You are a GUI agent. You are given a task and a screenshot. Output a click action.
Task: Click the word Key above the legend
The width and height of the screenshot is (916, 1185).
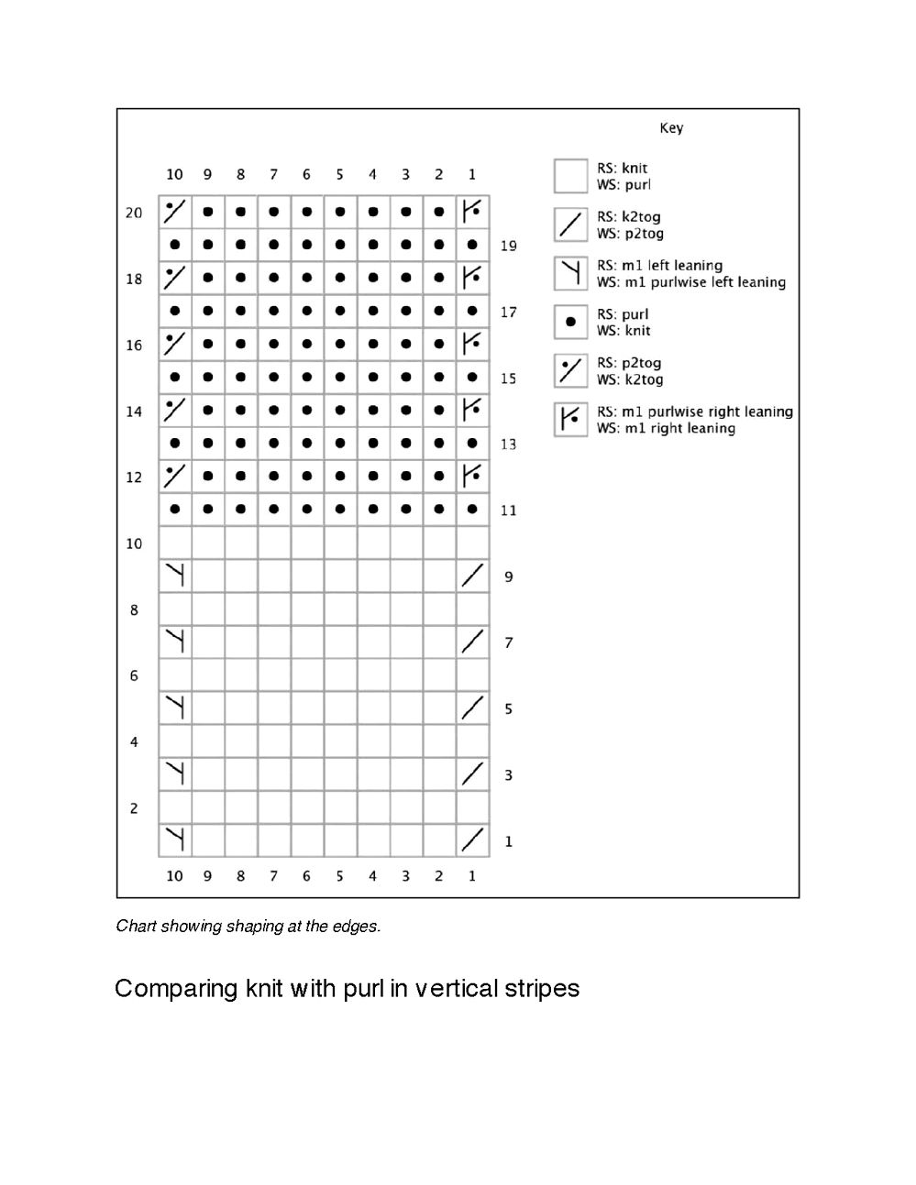coord(671,128)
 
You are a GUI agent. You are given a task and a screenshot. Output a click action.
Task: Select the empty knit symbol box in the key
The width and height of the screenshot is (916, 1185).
coord(570,176)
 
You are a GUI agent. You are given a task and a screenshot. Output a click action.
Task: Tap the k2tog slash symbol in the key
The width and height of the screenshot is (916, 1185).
coord(570,225)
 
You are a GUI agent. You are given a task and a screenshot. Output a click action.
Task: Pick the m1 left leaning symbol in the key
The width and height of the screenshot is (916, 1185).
coord(570,273)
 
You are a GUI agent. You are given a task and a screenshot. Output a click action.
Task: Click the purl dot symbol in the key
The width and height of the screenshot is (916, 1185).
coord(570,322)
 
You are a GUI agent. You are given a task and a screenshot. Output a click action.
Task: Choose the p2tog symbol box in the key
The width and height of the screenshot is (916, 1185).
coord(570,370)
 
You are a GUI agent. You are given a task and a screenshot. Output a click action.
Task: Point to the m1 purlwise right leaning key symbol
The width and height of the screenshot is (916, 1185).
coord(570,420)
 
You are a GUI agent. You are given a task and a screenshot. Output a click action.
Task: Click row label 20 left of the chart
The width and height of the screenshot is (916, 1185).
coord(134,213)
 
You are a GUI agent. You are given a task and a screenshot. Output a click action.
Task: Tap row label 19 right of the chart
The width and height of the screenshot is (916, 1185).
coord(508,246)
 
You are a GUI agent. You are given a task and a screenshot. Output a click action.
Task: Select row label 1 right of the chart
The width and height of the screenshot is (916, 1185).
coord(508,841)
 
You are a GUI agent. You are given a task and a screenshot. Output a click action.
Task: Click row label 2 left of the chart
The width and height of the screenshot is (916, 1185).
coord(134,808)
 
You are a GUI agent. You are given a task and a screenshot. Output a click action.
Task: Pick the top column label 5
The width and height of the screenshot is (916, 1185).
coord(339,174)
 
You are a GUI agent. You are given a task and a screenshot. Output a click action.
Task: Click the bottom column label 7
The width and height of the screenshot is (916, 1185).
coord(273,876)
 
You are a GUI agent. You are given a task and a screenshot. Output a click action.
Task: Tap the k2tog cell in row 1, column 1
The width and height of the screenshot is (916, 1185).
coord(472,839)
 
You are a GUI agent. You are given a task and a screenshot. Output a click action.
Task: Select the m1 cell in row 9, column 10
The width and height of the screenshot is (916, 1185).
coord(175,576)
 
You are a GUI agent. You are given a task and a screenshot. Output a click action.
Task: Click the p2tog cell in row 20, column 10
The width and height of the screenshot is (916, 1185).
coord(175,212)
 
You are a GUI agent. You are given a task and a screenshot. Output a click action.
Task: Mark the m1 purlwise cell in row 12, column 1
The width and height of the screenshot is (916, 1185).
coord(472,476)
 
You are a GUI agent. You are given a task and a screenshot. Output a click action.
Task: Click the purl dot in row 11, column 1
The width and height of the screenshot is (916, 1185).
coord(472,509)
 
